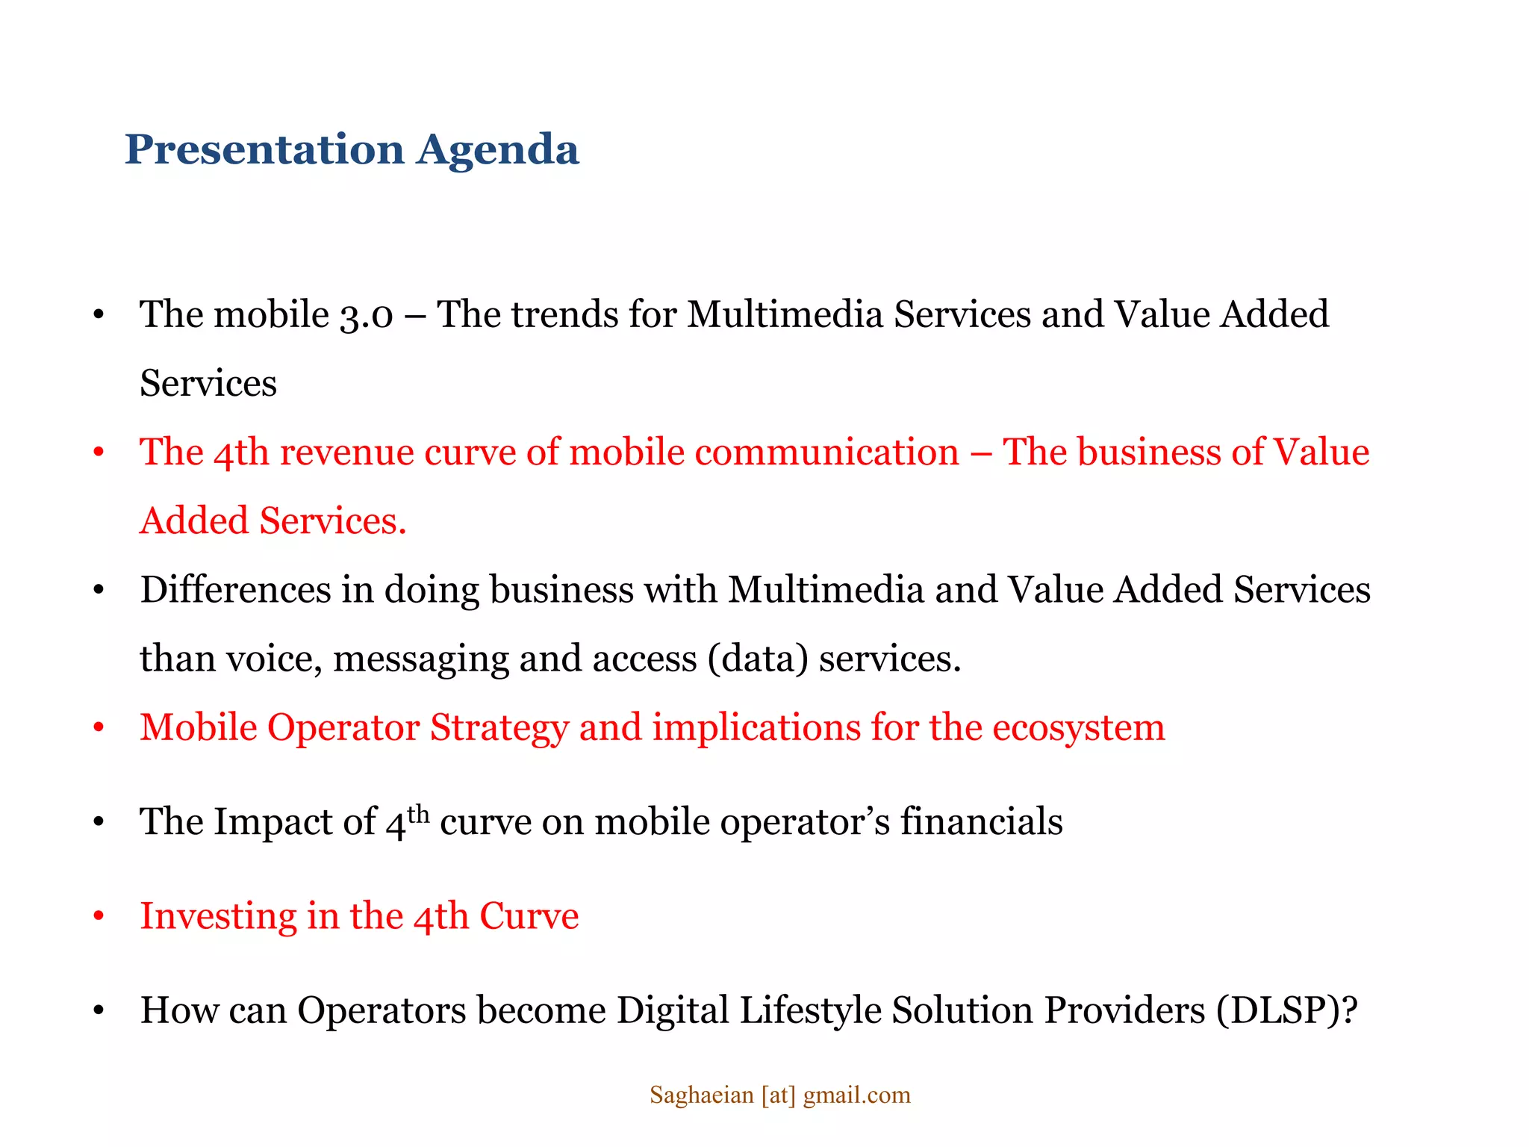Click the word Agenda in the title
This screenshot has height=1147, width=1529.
498,150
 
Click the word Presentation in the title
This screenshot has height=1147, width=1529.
264,149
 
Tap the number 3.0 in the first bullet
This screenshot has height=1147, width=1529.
366,315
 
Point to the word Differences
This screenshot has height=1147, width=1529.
235,590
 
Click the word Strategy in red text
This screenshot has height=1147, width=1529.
499,728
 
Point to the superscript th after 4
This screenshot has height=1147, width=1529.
418,812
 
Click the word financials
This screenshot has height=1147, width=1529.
981,822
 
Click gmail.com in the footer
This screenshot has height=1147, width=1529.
856,1095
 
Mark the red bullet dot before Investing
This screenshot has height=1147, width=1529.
99,917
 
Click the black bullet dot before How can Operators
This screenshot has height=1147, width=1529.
99,1011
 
